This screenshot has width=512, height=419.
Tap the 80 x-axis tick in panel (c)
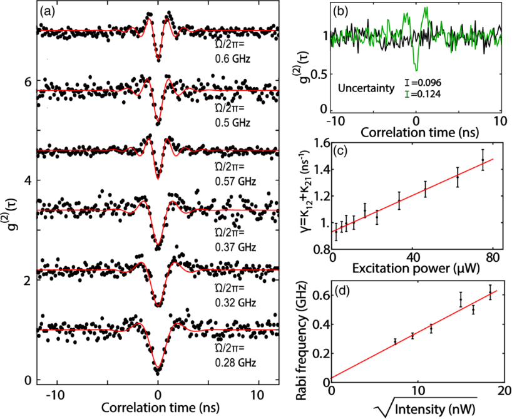(494, 259)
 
